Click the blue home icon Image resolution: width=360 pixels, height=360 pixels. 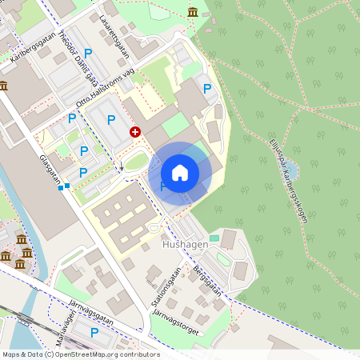pyautogui.click(x=180, y=173)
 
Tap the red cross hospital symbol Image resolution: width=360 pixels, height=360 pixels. pyautogui.click(x=135, y=131)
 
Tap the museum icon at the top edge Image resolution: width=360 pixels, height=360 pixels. pyautogui.click(x=193, y=11)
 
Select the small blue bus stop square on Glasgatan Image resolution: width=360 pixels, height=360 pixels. pyautogui.click(x=67, y=186)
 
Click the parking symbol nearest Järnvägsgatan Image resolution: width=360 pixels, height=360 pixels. pyautogui.click(x=94, y=332)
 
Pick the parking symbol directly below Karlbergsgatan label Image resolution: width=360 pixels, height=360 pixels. pyautogui.click(x=88, y=53)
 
